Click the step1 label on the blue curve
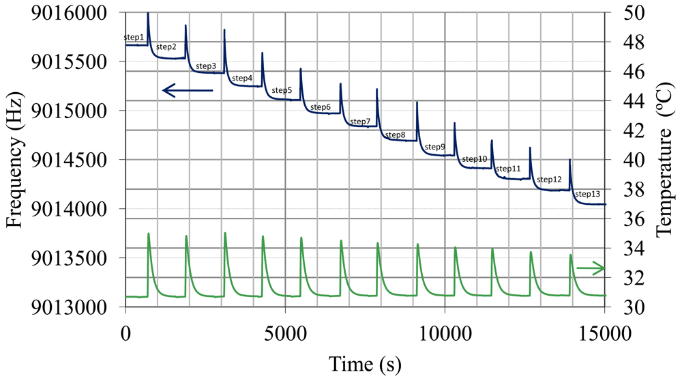click(134, 37)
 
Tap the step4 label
click(242, 79)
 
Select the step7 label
click(361, 122)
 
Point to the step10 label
click(475, 159)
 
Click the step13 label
click(588, 194)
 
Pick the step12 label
click(549, 180)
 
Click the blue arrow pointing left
click(188, 90)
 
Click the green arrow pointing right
click(591, 268)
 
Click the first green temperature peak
click(148, 234)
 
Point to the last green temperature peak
click(571, 255)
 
